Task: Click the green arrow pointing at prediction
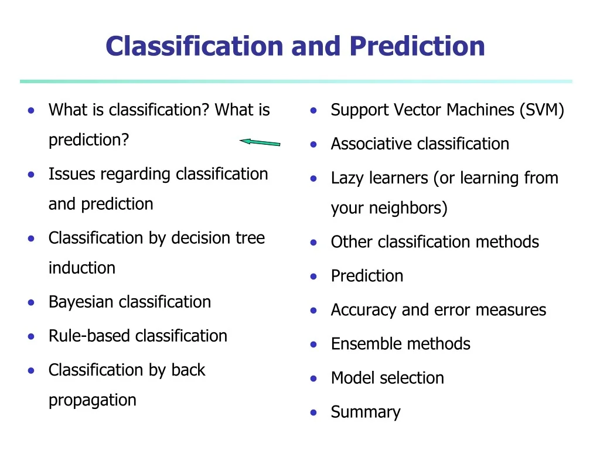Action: (x=260, y=142)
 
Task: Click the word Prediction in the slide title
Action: (x=417, y=46)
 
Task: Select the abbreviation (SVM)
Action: (x=541, y=110)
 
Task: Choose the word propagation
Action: (x=92, y=400)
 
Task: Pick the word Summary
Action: (x=366, y=412)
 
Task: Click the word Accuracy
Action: (x=364, y=310)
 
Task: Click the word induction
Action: (x=81, y=268)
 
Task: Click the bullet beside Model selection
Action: (x=314, y=379)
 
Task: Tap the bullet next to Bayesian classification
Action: (x=32, y=302)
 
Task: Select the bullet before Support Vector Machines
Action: (x=314, y=110)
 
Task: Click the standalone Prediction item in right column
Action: (x=367, y=276)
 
